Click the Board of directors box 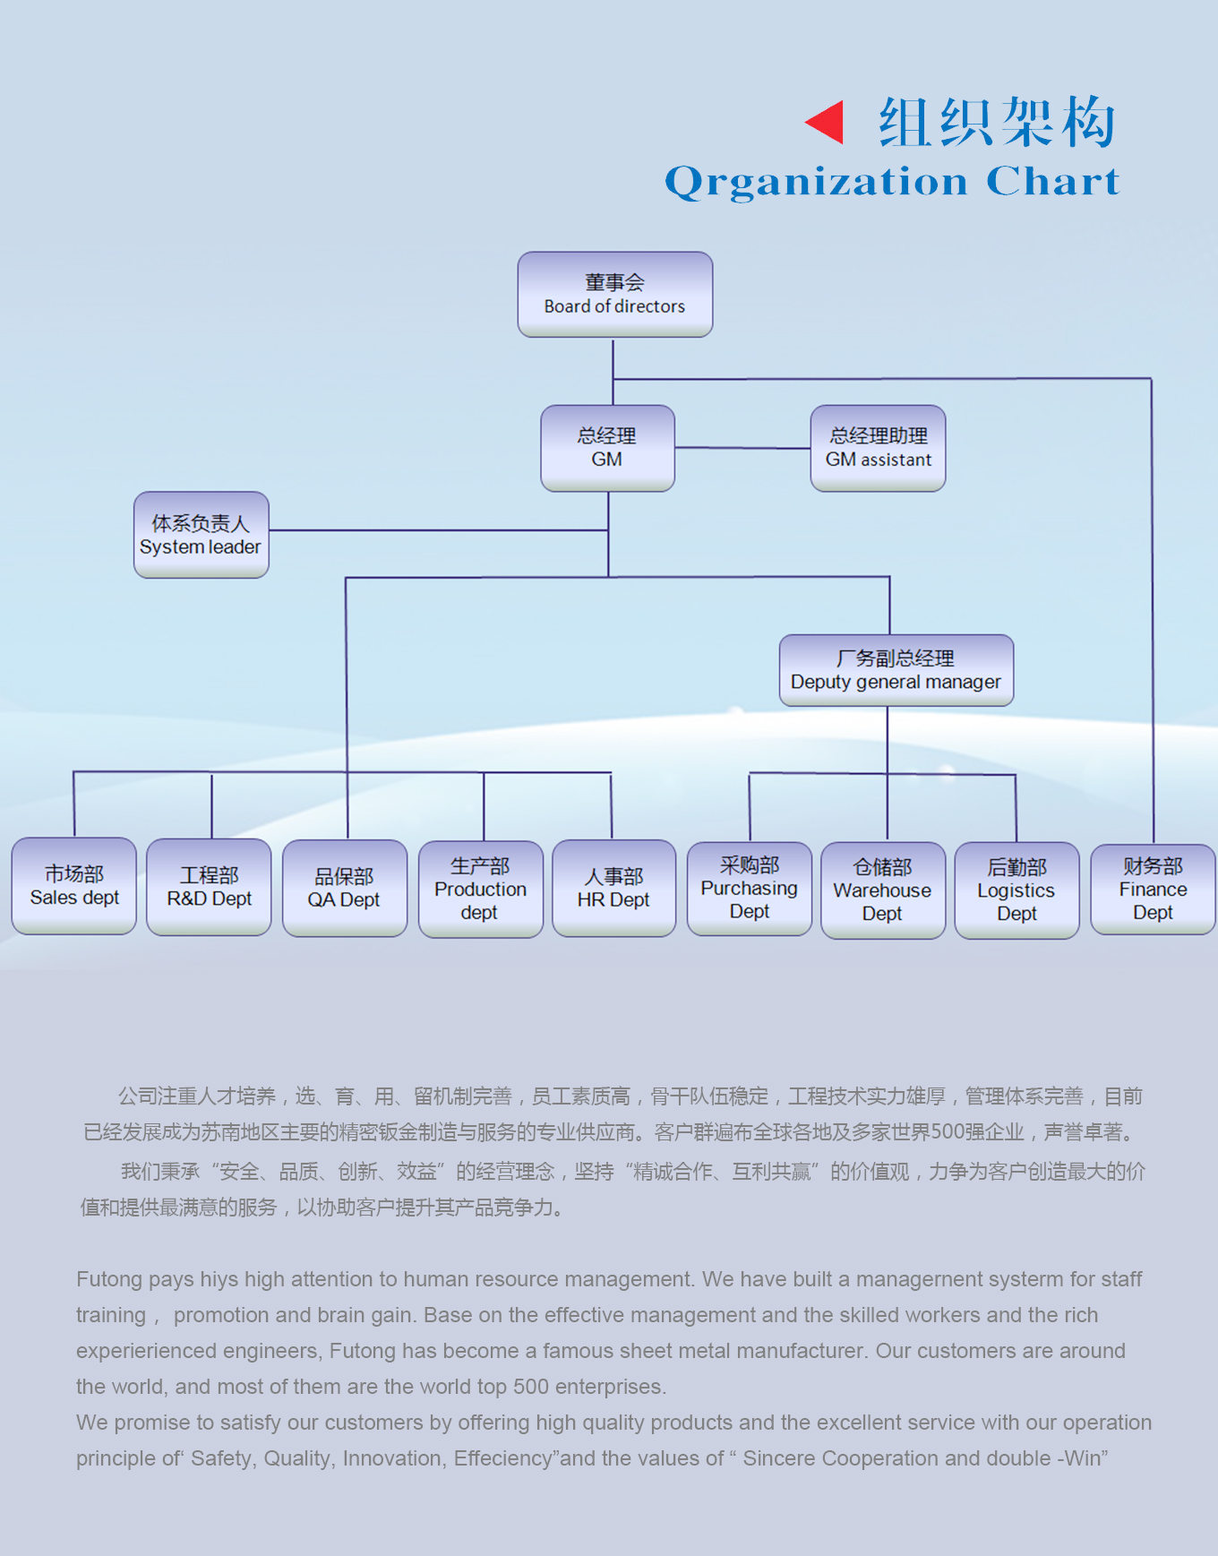pos(614,295)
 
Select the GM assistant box pos(878,448)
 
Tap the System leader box pos(201,535)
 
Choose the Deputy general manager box pos(896,670)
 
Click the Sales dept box pos(74,886)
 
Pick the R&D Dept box pos(209,887)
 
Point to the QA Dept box pos(344,888)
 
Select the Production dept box pos(480,889)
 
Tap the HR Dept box pos(613,888)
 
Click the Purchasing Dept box pos(749,888)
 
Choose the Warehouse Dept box pos(882,890)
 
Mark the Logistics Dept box pos(1016,890)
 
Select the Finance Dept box pos(1153,889)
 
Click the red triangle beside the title pos(826,122)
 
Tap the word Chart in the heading pos(1052,181)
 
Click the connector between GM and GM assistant pos(742,448)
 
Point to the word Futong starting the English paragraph pos(109,1279)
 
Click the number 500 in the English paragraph pos(530,1387)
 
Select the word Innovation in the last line pos(391,1458)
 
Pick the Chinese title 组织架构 pos(997,122)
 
